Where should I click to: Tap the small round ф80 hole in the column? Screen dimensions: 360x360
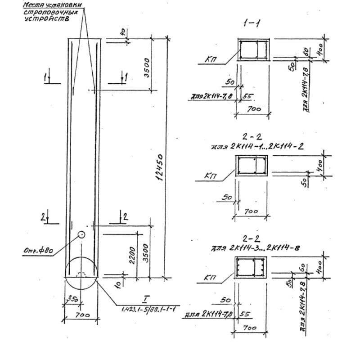[x=81, y=234]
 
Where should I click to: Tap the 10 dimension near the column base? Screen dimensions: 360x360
[x=118, y=283]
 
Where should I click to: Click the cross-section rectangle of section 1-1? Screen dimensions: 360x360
[x=254, y=49]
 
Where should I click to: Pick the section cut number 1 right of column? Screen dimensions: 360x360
[x=126, y=77]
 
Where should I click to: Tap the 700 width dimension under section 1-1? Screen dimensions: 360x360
[x=253, y=109]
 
